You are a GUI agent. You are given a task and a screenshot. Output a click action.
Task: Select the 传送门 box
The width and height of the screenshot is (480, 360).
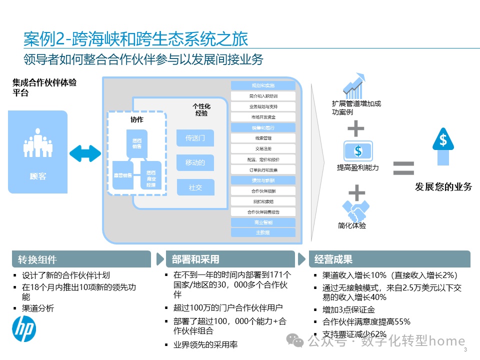[x=195, y=138]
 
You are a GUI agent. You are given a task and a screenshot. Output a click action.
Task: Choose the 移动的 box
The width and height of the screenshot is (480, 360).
[x=195, y=162]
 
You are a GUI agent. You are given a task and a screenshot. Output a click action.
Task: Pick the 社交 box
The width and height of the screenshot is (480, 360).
[x=195, y=187]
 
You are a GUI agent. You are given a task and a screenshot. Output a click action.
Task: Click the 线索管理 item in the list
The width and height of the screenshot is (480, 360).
[x=263, y=138]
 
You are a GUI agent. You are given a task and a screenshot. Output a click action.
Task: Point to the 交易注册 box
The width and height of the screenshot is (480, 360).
[x=263, y=148]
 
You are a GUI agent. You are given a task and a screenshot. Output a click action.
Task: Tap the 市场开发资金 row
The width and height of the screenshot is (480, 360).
[x=263, y=117]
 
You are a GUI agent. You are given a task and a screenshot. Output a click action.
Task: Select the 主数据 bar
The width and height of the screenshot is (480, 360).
[x=263, y=232]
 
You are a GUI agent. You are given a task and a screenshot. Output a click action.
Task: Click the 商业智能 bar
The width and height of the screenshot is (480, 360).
[x=263, y=222]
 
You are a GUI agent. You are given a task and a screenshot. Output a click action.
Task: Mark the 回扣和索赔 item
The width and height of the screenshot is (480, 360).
[x=263, y=201]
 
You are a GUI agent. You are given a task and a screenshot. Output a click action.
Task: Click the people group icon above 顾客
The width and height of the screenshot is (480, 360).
[x=38, y=143]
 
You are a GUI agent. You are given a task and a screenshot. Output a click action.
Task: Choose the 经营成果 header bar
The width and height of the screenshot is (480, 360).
[x=389, y=259]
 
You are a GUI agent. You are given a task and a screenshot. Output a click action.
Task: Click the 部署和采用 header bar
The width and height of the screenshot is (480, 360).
[x=230, y=259]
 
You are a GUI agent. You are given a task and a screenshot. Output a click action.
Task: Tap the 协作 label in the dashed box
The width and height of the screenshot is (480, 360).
[x=137, y=120]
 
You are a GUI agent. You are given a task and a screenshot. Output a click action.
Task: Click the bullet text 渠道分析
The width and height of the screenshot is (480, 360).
[x=38, y=308]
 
